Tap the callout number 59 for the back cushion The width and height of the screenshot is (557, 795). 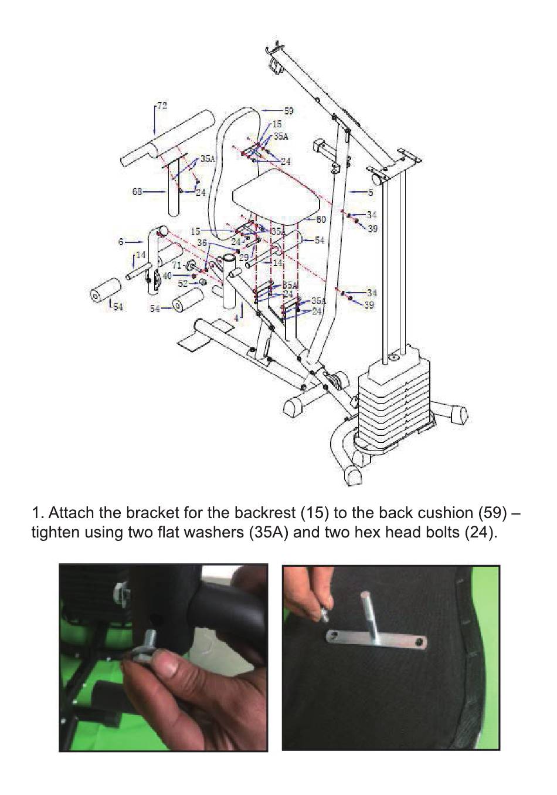288,110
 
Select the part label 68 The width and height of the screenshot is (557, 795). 137,191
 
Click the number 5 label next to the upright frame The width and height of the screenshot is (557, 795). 370,192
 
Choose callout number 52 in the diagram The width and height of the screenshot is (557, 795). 183,283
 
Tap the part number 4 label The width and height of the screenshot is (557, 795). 236,317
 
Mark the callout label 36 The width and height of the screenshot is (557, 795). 202,242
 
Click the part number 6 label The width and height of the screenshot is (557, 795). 121,242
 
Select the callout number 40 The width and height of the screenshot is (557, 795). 167,275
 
